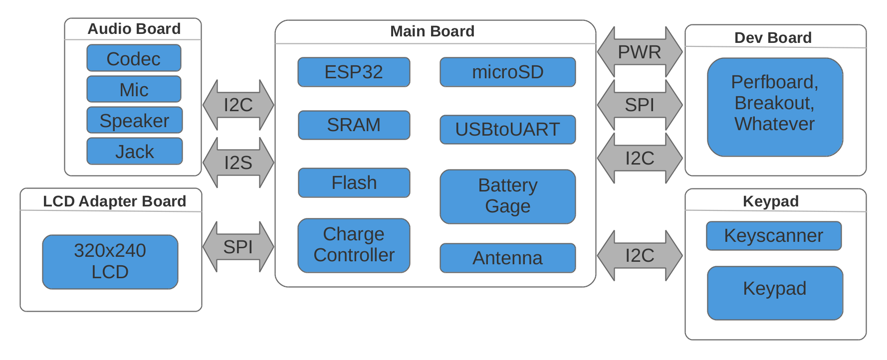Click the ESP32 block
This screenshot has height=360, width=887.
click(x=354, y=72)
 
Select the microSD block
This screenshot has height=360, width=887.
click(x=507, y=72)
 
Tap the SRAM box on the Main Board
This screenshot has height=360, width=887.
click(x=354, y=125)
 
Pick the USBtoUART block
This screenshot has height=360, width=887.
click(x=507, y=130)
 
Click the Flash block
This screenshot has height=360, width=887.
click(x=354, y=183)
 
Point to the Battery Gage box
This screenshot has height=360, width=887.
click(x=507, y=196)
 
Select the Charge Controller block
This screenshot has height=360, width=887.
click(x=354, y=245)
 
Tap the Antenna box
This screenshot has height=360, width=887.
click(x=507, y=258)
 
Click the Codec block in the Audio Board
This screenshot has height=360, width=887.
click(x=134, y=58)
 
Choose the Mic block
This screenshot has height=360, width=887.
click(x=134, y=89)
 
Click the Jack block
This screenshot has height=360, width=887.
click(x=134, y=151)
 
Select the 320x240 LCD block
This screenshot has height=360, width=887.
click(x=110, y=262)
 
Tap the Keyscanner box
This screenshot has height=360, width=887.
click(x=773, y=236)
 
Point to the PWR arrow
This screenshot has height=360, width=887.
click(x=640, y=52)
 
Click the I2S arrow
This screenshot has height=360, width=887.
click(x=238, y=163)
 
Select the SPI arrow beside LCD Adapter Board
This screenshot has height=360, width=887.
click(x=238, y=247)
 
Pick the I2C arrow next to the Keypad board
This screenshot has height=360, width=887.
click(x=640, y=255)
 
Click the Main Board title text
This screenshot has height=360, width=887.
click(x=432, y=31)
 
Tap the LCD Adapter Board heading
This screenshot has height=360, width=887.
click(x=114, y=201)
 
